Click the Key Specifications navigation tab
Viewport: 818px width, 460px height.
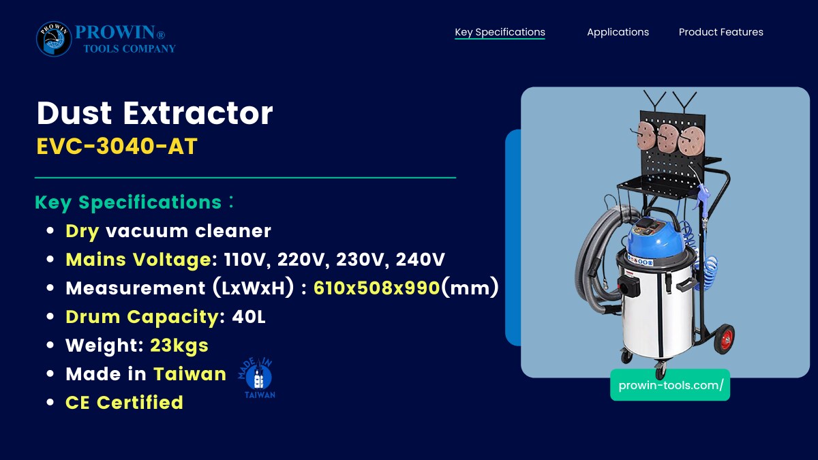tap(500, 32)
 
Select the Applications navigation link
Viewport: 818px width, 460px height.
tap(618, 32)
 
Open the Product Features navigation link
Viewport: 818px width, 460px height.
tap(721, 32)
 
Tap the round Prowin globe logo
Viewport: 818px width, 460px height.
tap(54, 39)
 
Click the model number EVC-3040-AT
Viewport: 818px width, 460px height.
tap(117, 146)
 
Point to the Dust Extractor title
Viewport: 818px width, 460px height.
tap(155, 113)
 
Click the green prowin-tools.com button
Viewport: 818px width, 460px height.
tap(670, 385)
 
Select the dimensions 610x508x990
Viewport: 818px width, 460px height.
tap(376, 288)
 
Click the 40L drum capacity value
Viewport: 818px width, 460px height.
tap(249, 316)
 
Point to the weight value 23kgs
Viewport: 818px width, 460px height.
tap(179, 346)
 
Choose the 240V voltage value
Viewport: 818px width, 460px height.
tap(421, 260)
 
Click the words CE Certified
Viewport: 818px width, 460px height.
tap(124, 402)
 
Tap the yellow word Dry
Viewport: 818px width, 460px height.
tap(82, 232)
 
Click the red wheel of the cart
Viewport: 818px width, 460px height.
tap(724, 339)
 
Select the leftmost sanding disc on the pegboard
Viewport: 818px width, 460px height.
tap(646, 136)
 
